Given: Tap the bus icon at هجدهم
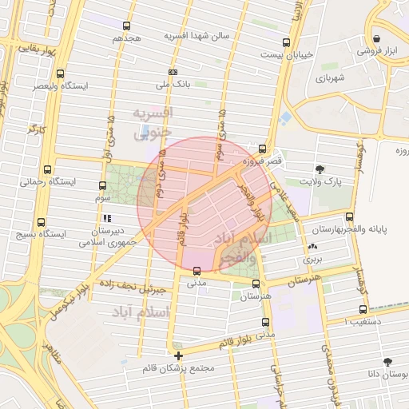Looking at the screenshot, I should point(126,26).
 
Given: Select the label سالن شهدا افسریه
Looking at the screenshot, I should point(197,37).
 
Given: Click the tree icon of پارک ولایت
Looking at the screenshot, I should point(320,169).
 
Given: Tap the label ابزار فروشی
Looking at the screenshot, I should point(377,50).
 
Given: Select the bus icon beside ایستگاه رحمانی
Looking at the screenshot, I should point(48,170).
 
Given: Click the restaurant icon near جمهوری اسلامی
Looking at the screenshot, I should point(105,217).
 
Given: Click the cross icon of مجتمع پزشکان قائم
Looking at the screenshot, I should point(177,355).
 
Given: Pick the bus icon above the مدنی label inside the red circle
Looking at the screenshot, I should point(197,270).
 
